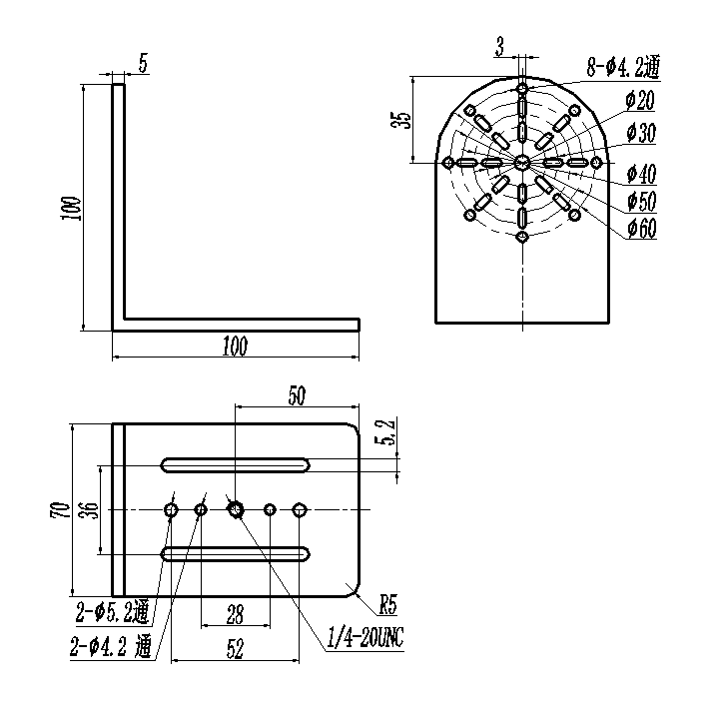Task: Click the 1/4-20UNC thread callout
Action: coord(365,637)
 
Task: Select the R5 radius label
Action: coord(388,604)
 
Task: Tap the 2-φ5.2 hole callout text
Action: coord(113,612)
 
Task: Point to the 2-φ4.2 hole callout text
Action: coord(111,646)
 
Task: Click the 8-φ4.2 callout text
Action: coord(623,67)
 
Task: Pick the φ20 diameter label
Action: coord(640,101)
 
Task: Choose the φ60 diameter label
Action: coord(642,228)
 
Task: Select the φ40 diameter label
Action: coord(642,174)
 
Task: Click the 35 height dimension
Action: coord(403,120)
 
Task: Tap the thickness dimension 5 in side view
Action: coord(144,64)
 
